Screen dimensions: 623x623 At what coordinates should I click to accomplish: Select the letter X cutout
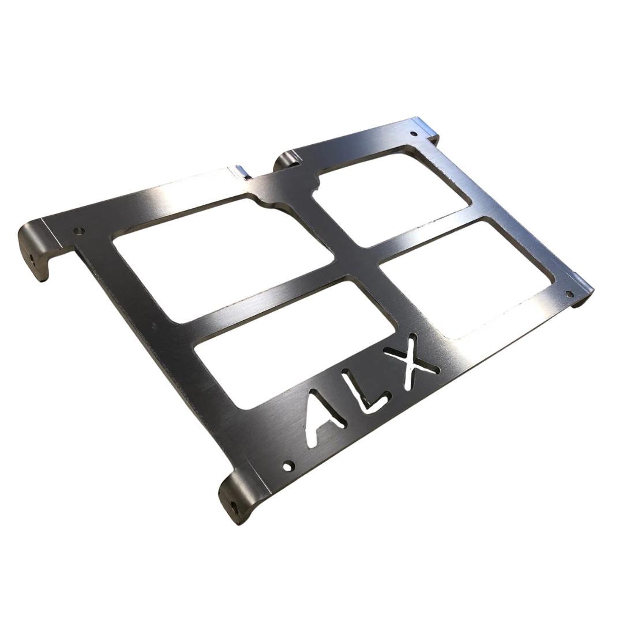pyautogui.click(x=414, y=361)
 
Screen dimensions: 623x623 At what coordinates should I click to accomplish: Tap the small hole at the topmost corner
pyautogui.click(x=414, y=134)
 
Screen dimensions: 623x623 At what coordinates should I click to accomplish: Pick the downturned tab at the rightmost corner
pyautogui.click(x=583, y=294)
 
